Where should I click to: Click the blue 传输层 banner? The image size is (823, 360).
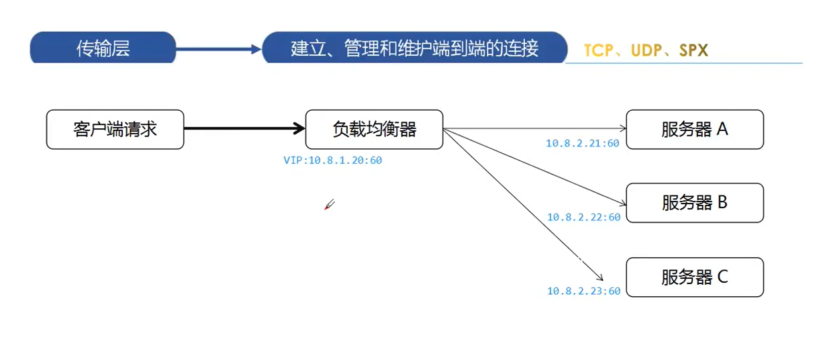pyautogui.click(x=103, y=48)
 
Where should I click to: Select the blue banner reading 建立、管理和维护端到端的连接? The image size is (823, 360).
pyautogui.click(x=414, y=48)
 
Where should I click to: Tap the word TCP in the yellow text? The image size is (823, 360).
pyautogui.click(x=598, y=50)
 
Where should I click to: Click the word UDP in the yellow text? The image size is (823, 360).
pyautogui.click(x=646, y=50)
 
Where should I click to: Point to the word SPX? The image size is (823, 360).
pyautogui.click(x=693, y=50)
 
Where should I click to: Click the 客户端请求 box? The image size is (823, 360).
pyautogui.click(x=115, y=130)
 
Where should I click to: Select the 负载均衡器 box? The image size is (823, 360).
pyautogui.click(x=374, y=130)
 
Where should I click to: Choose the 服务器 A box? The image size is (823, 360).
pyautogui.click(x=695, y=130)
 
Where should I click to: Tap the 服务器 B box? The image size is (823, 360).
pyautogui.click(x=695, y=203)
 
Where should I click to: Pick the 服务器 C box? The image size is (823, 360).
pyautogui.click(x=695, y=277)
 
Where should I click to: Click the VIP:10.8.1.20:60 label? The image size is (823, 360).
pyautogui.click(x=333, y=161)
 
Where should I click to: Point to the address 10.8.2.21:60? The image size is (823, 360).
pyautogui.click(x=583, y=143)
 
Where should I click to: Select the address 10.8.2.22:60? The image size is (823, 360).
pyautogui.click(x=583, y=217)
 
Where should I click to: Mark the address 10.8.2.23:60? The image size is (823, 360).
pyautogui.click(x=583, y=291)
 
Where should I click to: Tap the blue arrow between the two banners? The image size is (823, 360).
pyautogui.click(x=218, y=48)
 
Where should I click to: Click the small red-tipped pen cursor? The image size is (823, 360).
pyautogui.click(x=329, y=205)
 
